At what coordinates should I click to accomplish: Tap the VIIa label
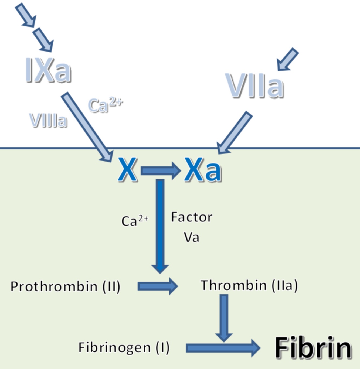254,86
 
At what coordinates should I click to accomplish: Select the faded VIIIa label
48,120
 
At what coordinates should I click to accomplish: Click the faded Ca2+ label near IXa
105,105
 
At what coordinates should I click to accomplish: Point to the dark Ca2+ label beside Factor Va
134,221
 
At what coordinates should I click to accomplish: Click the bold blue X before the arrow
128,170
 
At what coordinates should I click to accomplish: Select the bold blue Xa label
203,170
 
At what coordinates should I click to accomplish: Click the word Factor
192,217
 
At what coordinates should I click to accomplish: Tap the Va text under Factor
191,237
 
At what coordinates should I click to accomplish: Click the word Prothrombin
54,286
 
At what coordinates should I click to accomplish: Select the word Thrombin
234,285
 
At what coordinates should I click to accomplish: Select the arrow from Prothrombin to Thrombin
158,286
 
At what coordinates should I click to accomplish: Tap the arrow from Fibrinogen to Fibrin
223,348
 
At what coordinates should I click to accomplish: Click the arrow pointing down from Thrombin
224,317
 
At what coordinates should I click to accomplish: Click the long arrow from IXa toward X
87,127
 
